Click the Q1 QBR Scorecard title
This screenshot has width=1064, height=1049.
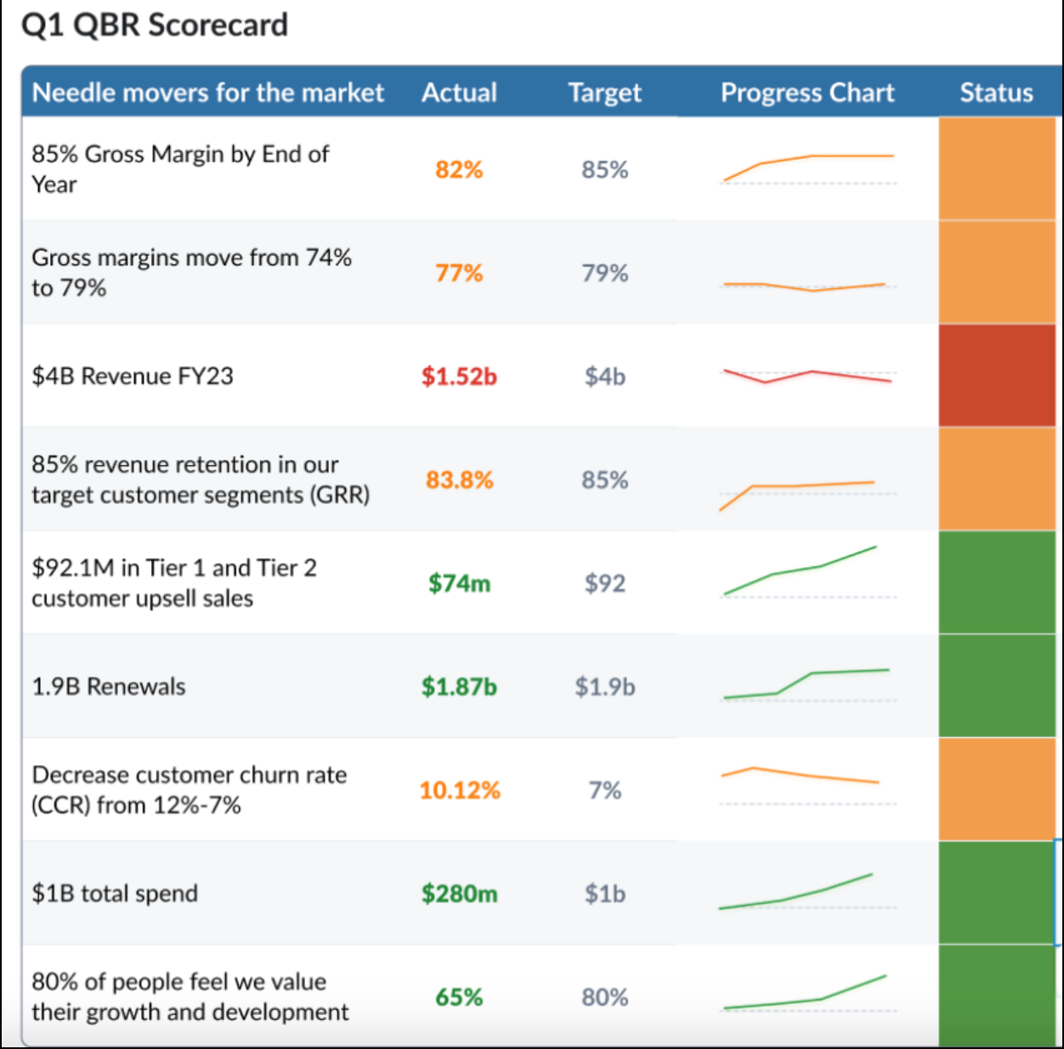coord(155,26)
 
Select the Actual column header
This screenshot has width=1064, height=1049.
coord(459,92)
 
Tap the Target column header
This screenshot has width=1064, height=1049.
coord(604,92)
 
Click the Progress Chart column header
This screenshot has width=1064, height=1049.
coord(806,92)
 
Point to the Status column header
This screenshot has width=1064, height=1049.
coord(996,92)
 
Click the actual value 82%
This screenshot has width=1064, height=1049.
coord(459,169)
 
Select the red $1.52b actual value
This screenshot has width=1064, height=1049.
coord(459,376)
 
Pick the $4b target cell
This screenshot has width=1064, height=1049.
coord(604,376)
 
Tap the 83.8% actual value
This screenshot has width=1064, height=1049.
coord(459,479)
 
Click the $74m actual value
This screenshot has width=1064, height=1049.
coord(459,583)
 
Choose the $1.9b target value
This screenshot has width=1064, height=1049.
coord(604,686)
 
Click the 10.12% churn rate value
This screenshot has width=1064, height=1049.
coord(459,790)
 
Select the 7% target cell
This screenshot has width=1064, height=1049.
coord(604,790)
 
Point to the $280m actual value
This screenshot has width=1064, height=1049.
coord(459,893)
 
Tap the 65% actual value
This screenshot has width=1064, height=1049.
coord(459,996)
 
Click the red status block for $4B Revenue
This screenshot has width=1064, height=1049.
coord(997,376)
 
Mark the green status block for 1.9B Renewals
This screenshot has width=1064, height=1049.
coord(997,686)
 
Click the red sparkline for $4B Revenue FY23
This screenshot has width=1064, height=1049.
coord(806,376)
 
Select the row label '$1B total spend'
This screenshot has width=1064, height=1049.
coord(115,893)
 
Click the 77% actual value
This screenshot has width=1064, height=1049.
coord(459,273)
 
